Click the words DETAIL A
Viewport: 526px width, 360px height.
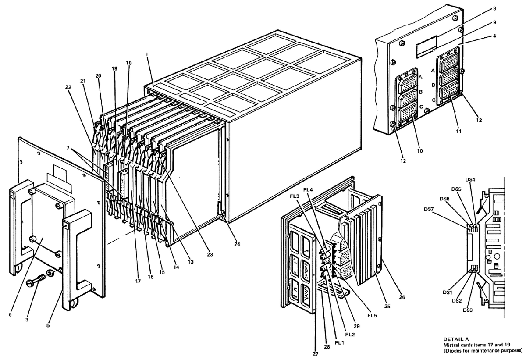tap(456, 339)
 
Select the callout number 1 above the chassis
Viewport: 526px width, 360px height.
tap(147, 54)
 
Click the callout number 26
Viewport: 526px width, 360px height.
tap(402, 297)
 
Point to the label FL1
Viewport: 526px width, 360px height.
tap(340, 342)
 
